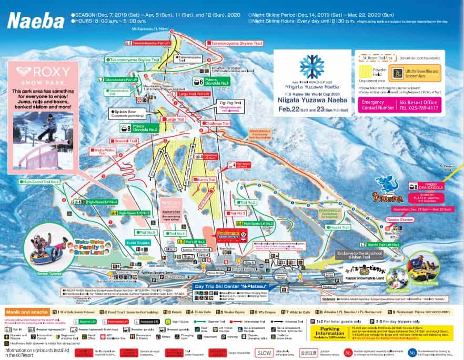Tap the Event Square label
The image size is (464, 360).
click(138, 243)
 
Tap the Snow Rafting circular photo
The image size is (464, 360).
click(425, 269)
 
